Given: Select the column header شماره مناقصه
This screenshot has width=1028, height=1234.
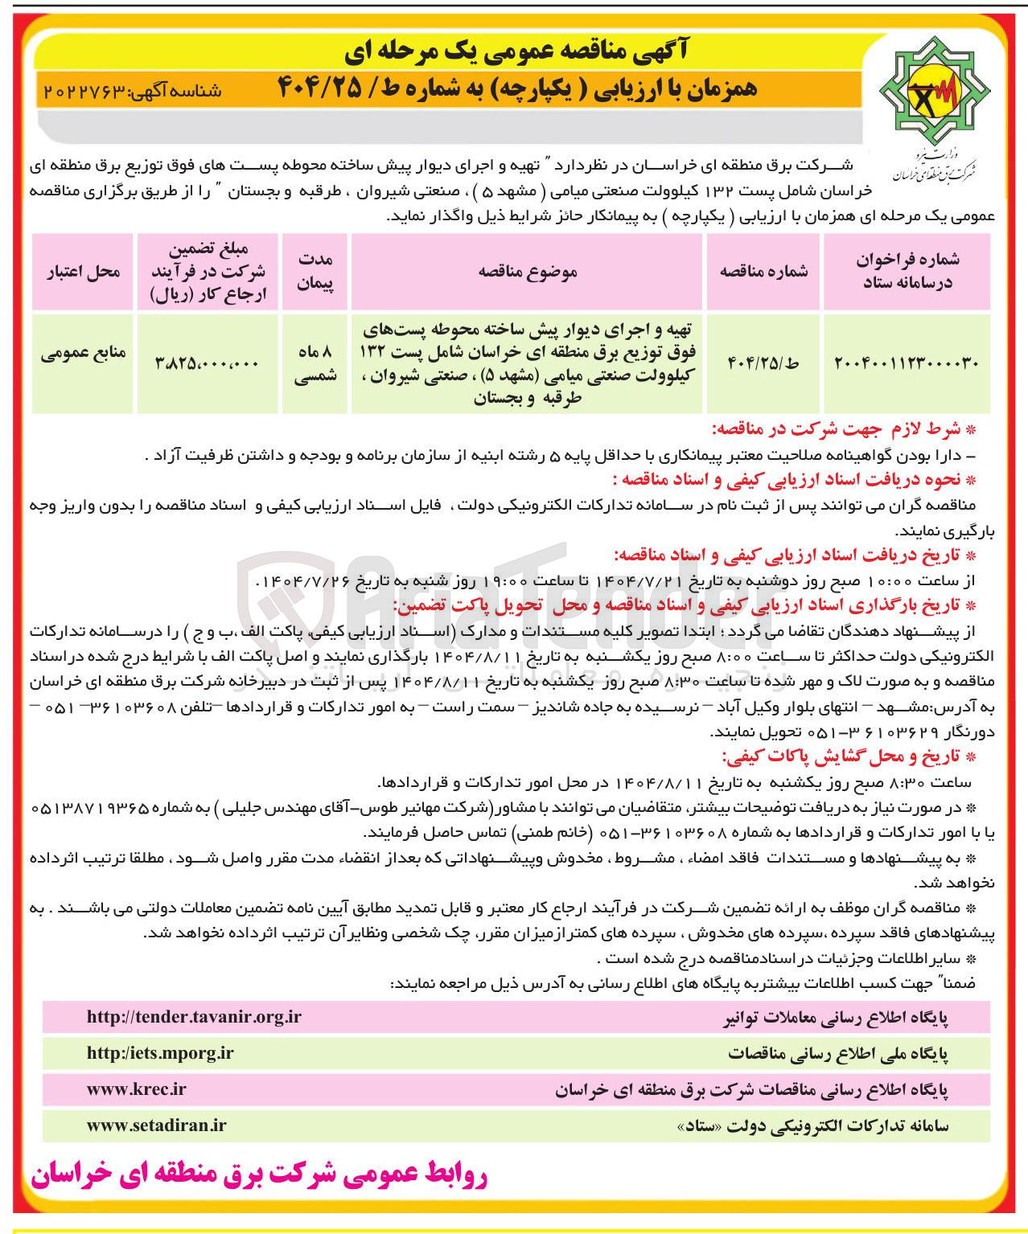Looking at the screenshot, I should coord(763,272).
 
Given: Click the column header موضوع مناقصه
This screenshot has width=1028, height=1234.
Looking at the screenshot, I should coord(528,272).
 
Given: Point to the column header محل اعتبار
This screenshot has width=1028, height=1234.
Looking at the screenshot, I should coord(83,272).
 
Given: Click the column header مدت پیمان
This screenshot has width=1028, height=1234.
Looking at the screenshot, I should coord(315,272).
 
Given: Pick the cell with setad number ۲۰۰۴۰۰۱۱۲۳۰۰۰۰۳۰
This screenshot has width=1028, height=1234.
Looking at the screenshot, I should coord(907,363).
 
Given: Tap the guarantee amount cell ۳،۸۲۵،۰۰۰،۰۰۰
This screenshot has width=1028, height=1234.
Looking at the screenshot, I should coord(207,363).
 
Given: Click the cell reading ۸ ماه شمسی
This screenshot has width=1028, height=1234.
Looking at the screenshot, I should coord(315,363).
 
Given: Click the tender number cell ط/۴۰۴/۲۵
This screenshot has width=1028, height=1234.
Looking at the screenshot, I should coord(763,363).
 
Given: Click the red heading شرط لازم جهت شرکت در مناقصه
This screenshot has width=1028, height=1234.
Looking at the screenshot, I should coord(842,429).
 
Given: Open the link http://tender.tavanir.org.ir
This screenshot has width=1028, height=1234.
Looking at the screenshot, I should coord(194,1017).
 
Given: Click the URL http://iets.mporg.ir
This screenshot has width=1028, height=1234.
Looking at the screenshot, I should coord(160,1053).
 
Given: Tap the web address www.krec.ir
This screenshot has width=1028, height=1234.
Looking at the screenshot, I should coord(136,1089).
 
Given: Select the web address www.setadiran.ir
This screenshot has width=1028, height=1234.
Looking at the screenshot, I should coord(156,1125).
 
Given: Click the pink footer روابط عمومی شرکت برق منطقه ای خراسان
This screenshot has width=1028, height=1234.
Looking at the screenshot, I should coord(259,1175).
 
